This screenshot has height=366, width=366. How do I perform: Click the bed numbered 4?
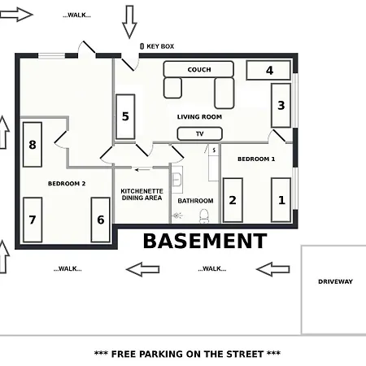(268, 70)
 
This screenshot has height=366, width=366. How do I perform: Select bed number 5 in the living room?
(125, 116)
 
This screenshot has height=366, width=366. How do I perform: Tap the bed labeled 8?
(33, 145)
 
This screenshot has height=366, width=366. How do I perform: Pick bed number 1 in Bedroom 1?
(281, 200)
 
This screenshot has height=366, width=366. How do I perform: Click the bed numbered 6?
(101, 220)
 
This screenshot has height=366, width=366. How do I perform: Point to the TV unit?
(200, 133)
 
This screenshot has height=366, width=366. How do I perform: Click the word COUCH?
(199, 70)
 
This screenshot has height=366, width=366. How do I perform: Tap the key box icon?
(142, 46)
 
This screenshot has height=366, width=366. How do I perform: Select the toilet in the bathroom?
(203, 216)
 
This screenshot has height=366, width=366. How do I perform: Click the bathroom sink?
(176, 179)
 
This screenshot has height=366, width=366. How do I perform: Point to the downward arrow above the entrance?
(129, 22)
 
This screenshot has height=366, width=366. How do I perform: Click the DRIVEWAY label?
(335, 281)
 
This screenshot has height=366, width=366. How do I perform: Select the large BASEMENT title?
(205, 241)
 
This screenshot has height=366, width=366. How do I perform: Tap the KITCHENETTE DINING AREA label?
(142, 194)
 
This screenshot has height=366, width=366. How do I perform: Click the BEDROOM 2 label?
(67, 184)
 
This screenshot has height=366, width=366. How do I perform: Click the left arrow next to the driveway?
(272, 269)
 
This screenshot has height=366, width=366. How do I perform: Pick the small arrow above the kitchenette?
(142, 170)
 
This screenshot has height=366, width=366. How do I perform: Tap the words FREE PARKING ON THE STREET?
(187, 354)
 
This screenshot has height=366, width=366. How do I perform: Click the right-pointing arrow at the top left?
(16, 15)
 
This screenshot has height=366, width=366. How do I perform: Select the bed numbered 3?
(281, 105)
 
